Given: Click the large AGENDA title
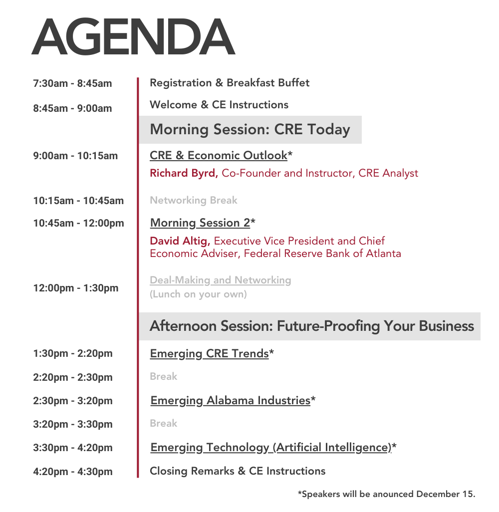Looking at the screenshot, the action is coord(133,36).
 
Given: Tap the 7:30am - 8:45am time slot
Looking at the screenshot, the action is coord(72,83).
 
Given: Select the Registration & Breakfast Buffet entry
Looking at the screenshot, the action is coord(230,83).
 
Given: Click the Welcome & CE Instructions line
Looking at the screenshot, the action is coord(219,104).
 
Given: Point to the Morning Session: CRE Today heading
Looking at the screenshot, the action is coord(250,129).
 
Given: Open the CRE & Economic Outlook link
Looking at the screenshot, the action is coord(219,155).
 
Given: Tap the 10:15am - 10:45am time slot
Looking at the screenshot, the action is coord(78,201).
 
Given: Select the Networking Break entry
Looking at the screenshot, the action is coord(194,200).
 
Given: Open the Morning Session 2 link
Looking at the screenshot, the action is coord(200,223).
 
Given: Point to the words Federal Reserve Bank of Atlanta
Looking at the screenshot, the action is coord(322,254).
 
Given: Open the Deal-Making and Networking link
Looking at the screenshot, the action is coord(221,280).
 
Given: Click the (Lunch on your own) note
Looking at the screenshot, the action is coord(198,294).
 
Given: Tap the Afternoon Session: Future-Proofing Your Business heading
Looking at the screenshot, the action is coord(312,326).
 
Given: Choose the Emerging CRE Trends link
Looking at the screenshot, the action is coord(210,354).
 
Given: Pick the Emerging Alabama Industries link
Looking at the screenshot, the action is coord(230,401).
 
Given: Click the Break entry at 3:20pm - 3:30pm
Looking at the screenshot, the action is coord(163,423).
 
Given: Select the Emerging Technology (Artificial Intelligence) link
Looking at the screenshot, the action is coord(271,447).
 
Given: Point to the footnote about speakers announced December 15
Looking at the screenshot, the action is coord(387,494).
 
